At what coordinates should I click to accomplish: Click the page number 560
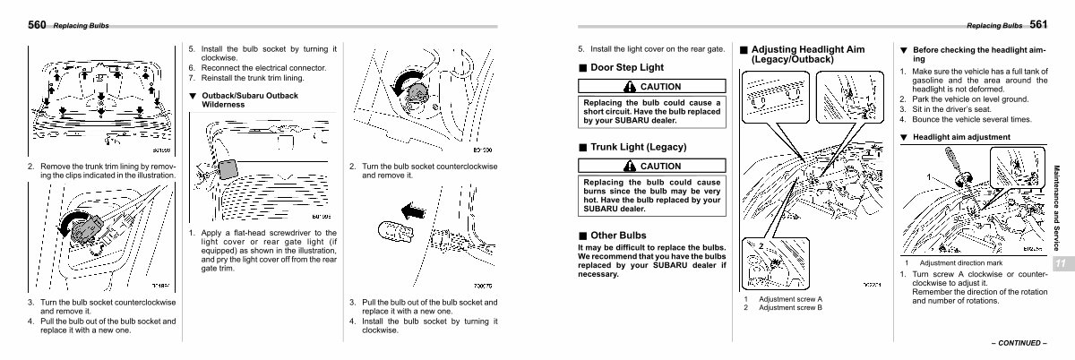click(37, 25)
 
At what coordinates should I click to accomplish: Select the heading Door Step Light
click(627, 67)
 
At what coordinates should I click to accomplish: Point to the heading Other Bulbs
click(618, 236)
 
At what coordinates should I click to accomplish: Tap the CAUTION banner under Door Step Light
click(650, 86)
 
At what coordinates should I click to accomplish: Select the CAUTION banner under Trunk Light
click(650, 166)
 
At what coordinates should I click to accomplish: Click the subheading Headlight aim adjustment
click(960, 137)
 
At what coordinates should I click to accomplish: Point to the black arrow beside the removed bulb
click(412, 212)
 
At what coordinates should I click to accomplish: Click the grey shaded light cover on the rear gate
click(228, 168)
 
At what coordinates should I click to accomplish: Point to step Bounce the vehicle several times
click(971, 119)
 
